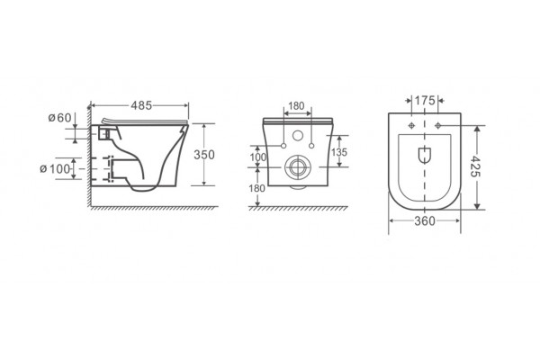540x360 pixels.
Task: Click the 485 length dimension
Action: (x=141, y=105)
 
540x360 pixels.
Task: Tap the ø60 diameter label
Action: (x=60, y=118)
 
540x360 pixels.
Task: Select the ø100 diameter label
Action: (x=55, y=169)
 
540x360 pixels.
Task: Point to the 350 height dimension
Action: (x=204, y=155)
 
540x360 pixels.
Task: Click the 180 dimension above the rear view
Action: (x=296, y=106)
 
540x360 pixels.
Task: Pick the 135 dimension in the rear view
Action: (x=339, y=152)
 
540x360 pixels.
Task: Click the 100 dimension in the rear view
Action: (x=258, y=157)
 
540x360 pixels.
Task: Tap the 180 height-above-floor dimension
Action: (x=257, y=188)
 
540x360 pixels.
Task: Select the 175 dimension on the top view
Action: (x=425, y=100)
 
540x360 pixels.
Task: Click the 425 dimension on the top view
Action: (x=475, y=166)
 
